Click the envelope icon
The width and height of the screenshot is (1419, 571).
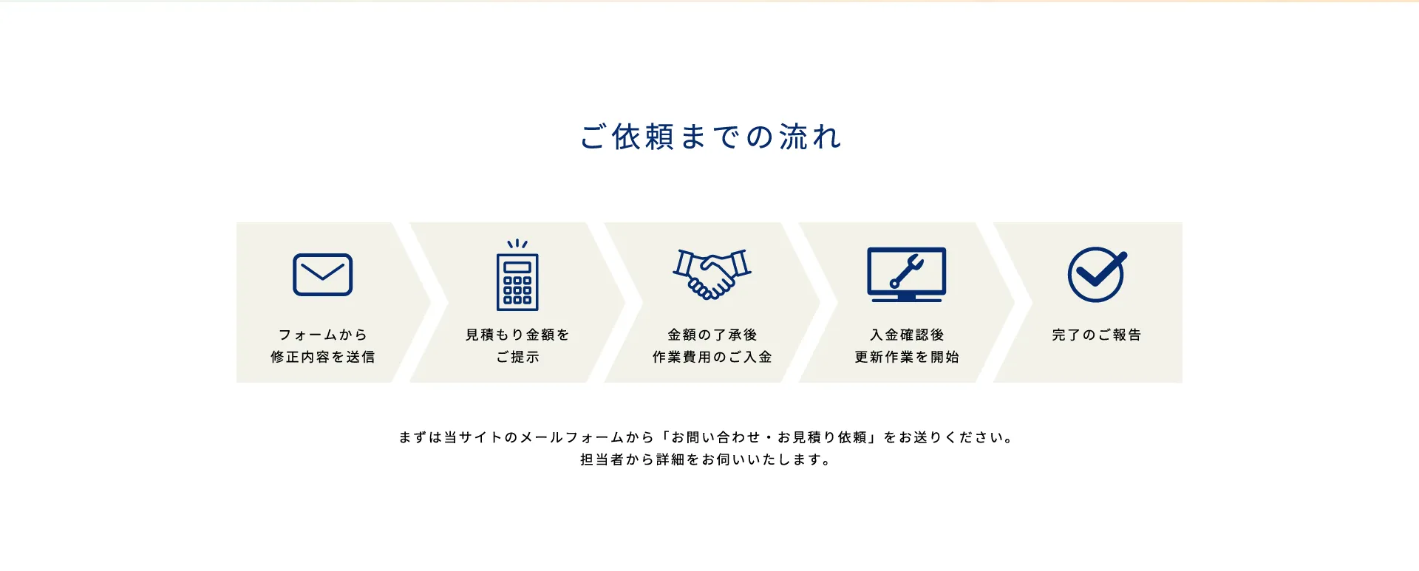point(322,275)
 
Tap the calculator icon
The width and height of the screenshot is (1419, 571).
point(517,275)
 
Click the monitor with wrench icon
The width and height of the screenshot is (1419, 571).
point(906,274)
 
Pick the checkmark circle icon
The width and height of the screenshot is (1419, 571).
point(1097,274)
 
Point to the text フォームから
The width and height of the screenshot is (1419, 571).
point(322,335)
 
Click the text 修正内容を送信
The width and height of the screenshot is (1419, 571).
point(322,357)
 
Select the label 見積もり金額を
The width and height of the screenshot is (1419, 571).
point(517,335)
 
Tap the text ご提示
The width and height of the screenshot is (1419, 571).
point(517,357)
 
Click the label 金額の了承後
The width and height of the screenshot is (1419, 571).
point(712,335)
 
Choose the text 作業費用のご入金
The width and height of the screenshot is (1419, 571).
point(712,357)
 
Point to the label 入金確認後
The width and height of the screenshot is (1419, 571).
point(907,335)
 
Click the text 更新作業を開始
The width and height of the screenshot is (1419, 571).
point(907,357)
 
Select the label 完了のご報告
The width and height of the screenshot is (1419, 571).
point(1097,335)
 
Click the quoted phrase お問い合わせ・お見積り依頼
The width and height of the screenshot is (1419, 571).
point(769,437)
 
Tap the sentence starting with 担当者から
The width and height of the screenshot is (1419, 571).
point(707,459)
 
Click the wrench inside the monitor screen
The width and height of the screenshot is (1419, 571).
point(907,271)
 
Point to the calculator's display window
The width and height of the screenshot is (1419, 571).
point(517,266)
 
